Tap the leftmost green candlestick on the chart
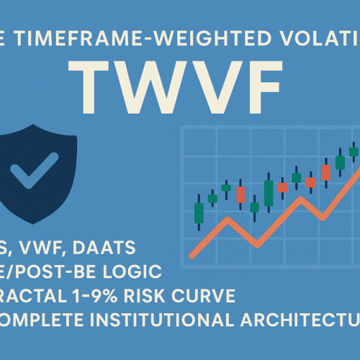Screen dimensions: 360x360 click(199, 212)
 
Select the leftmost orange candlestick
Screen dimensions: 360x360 click(240, 194)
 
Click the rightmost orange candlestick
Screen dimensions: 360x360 click(326, 172)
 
